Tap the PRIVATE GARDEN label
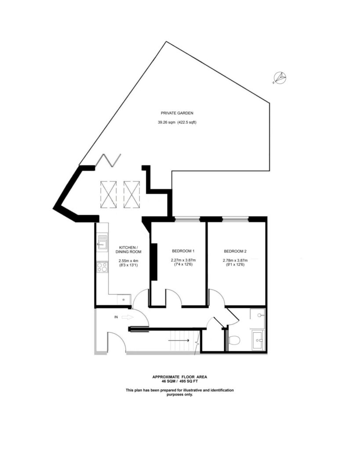(x=177, y=112)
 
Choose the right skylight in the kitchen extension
(x=131, y=194)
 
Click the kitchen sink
(x=102, y=242)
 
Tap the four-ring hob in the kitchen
(x=102, y=267)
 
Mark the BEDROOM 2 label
(x=235, y=251)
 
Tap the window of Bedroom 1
(x=187, y=218)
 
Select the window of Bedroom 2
(x=235, y=218)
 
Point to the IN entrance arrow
(x=128, y=316)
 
